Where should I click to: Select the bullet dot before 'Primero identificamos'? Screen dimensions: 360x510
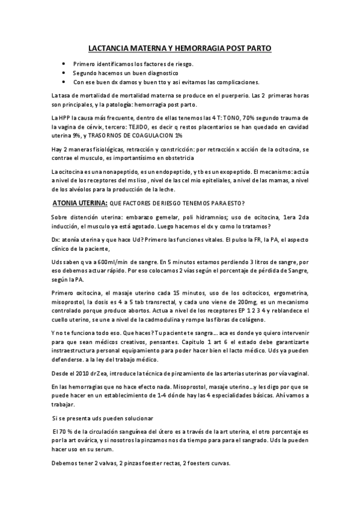tap(65, 64)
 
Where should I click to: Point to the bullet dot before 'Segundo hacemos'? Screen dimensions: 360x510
tap(65, 73)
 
